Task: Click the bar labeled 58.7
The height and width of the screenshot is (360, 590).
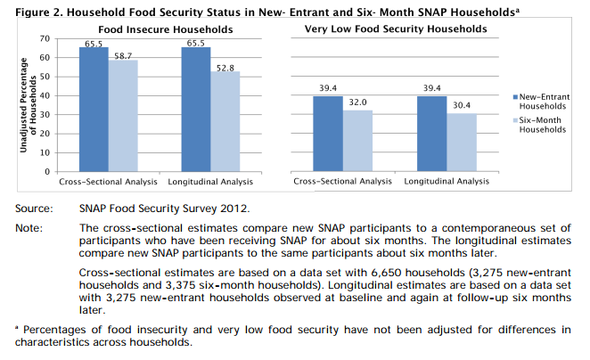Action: tap(124, 115)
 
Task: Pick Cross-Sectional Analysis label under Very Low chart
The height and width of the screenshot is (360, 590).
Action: tap(343, 182)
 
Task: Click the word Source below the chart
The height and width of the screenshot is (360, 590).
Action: tap(32, 209)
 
